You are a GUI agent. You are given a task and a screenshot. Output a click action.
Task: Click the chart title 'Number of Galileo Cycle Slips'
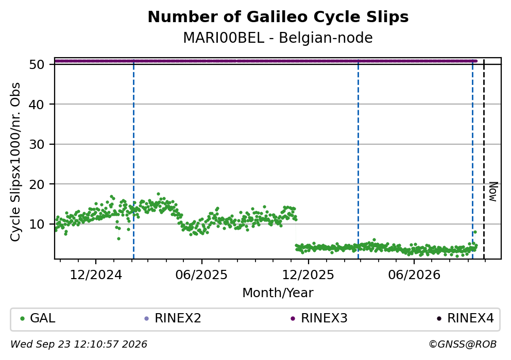click(x=278, y=17)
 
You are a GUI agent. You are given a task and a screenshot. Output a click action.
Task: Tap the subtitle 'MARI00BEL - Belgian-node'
click(x=278, y=38)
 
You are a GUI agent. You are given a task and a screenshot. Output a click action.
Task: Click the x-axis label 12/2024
click(x=96, y=275)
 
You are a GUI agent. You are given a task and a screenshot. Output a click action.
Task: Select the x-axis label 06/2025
click(x=201, y=275)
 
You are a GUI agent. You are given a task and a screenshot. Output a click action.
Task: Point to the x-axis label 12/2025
click(x=308, y=275)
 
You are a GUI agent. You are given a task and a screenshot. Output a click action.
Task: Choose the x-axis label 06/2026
click(x=414, y=275)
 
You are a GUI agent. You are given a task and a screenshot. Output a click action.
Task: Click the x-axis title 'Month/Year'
click(x=278, y=293)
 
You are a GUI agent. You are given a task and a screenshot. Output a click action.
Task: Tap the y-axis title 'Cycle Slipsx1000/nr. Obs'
click(x=15, y=162)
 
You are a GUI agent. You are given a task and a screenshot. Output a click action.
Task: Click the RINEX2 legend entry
click(x=173, y=318)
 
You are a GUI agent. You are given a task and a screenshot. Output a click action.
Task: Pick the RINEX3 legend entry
click(x=319, y=318)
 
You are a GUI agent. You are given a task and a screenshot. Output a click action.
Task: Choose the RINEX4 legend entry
click(x=466, y=318)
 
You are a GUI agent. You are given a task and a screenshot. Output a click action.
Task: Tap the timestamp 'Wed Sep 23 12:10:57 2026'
click(x=79, y=345)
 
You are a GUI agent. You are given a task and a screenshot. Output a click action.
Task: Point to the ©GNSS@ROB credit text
click(x=463, y=345)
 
